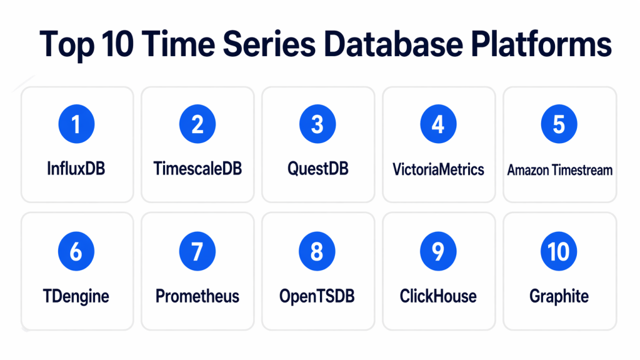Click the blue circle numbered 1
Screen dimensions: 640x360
(76, 124)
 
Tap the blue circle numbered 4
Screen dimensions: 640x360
(438, 124)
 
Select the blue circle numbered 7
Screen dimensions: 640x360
(197, 251)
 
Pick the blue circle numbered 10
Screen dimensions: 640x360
(559, 251)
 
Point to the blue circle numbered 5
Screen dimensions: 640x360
(559, 124)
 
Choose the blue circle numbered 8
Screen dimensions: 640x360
(317, 251)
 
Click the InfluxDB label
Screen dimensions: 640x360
(76, 168)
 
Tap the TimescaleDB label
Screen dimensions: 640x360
(197, 168)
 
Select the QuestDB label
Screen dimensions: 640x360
(318, 169)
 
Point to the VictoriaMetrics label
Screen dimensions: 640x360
(438, 169)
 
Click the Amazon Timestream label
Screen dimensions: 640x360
(560, 170)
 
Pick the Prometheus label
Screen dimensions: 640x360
(197, 296)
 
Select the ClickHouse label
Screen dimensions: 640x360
(438, 296)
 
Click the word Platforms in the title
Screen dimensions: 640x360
(541, 44)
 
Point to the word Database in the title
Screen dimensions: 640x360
(394, 44)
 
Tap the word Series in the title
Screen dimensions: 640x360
(269, 44)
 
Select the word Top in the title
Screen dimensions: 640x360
(67, 46)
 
